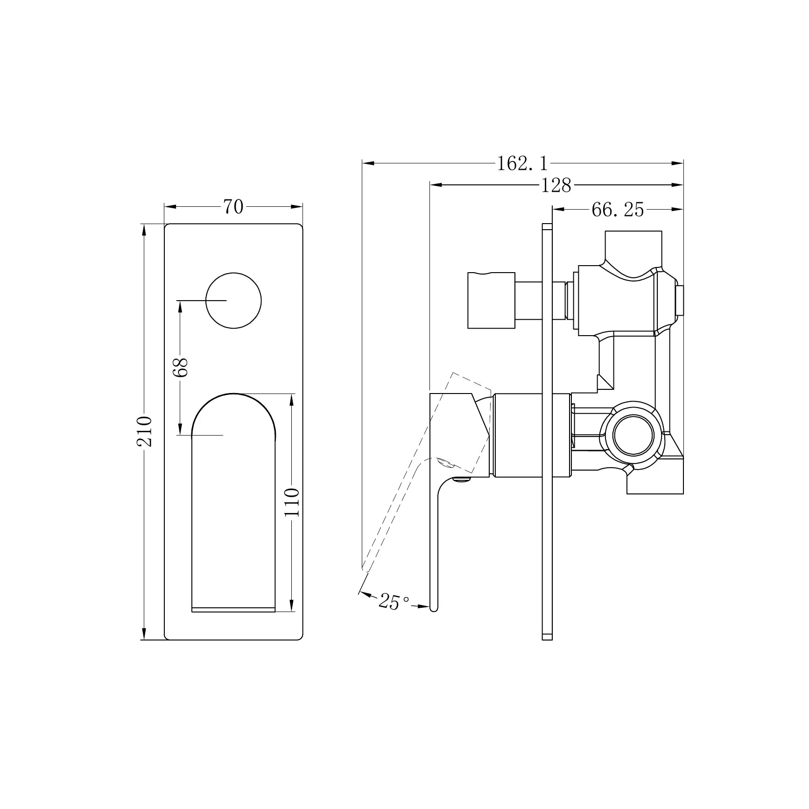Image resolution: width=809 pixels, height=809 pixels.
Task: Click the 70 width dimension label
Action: (x=233, y=206)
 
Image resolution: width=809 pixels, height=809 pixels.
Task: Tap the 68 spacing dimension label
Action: (x=180, y=367)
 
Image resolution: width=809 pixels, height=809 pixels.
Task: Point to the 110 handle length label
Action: (x=292, y=502)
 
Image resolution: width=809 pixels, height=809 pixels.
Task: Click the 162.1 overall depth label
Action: (x=522, y=163)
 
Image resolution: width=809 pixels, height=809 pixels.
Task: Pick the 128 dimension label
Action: (x=556, y=185)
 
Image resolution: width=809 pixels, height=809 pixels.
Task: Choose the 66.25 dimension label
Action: (x=618, y=210)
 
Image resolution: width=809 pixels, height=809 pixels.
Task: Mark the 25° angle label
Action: (x=394, y=601)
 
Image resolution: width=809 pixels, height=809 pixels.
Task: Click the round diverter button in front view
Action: (x=233, y=301)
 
